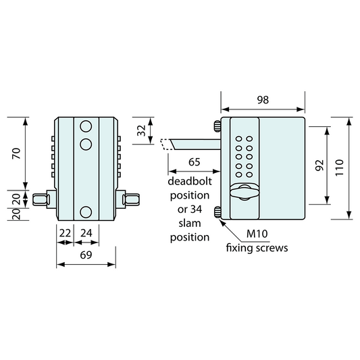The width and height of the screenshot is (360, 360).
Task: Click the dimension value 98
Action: [x=263, y=99]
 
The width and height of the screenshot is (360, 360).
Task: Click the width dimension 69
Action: [x=86, y=255]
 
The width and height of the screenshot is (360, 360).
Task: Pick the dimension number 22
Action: [x=66, y=232]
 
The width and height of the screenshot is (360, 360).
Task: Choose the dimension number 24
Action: [x=87, y=232]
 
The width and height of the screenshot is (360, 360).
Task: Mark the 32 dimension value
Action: [x=141, y=130]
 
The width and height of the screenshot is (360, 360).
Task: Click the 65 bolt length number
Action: [x=194, y=162]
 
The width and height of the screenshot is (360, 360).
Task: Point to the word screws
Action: [x=272, y=248]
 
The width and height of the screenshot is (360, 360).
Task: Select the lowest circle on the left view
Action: [x=85, y=212]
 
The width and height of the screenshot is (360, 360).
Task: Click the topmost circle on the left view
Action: [x=85, y=126]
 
